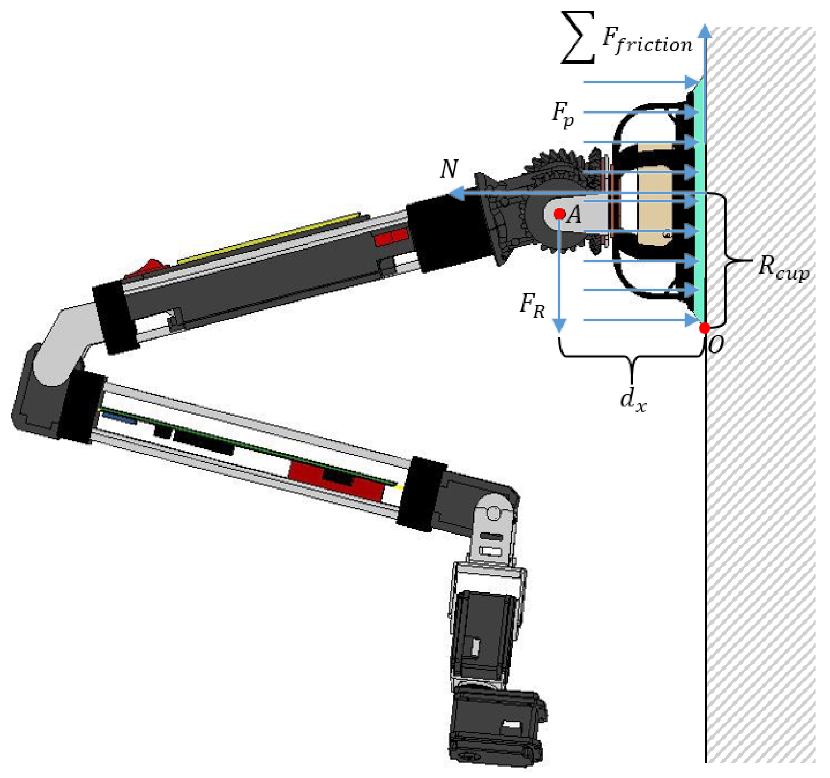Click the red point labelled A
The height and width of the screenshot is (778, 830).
coord(559,214)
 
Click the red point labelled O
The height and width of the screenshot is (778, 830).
coord(705,328)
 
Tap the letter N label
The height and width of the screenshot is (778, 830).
coord(449,169)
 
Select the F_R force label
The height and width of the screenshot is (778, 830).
coord(532,306)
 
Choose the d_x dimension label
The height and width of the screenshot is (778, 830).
coord(633,401)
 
